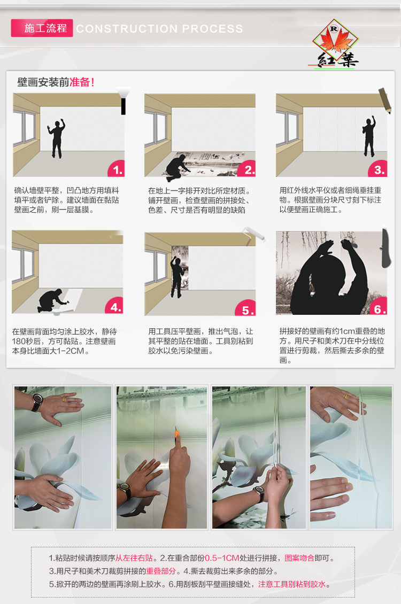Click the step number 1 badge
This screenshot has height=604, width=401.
pyautogui.click(x=116, y=169)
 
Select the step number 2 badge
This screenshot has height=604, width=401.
pyautogui.click(x=248, y=169)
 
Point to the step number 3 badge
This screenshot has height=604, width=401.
pyautogui.click(x=379, y=169)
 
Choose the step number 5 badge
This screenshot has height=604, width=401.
pyautogui.click(x=247, y=308)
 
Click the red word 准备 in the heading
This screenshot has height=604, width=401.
pyautogui.click(x=80, y=82)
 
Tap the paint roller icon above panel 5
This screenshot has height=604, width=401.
pyautogui.click(x=254, y=235)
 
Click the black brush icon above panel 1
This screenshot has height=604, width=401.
pyautogui.click(x=123, y=100)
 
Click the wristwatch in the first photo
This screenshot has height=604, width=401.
pyautogui.click(x=37, y=402)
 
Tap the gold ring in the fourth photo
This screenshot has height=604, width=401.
pyautogui.click(x=346, y=397)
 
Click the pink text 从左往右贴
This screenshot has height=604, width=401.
pyautogui.click(x=134, y=558)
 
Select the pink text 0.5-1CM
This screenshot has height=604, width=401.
pyautogui.click(x=222, y=558)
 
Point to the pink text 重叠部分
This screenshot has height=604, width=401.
pyautogui.click(x=160, y=571)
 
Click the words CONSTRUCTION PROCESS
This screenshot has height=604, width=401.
pyautogui.click(x=159, y=28)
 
